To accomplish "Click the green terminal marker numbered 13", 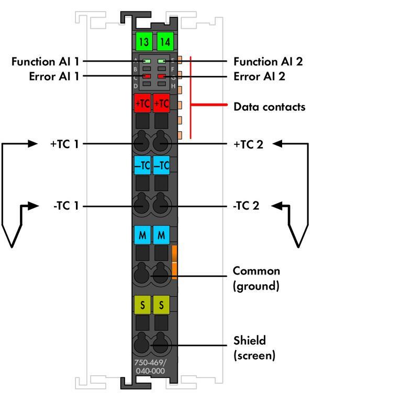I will [143, 42].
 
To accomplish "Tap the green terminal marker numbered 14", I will [164, 42].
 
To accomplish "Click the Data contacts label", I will [269, 107].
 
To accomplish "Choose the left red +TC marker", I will [142, 104].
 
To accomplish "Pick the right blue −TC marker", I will [162, 166].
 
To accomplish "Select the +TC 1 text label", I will [64, 144].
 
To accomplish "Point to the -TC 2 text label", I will [246, 206].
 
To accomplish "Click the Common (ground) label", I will [256, 278].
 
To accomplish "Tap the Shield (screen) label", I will [254, 348].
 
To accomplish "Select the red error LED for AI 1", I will [147, 76].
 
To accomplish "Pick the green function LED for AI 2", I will [162, 62].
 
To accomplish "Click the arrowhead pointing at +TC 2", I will [277, 143].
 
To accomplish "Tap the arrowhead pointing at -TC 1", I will [33, 206].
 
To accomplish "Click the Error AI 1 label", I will [54, 76].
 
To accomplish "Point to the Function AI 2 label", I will [268, 62].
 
